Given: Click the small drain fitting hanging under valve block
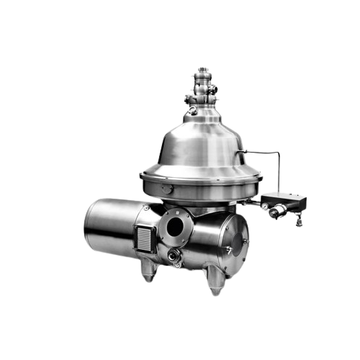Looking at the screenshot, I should [297, 220].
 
